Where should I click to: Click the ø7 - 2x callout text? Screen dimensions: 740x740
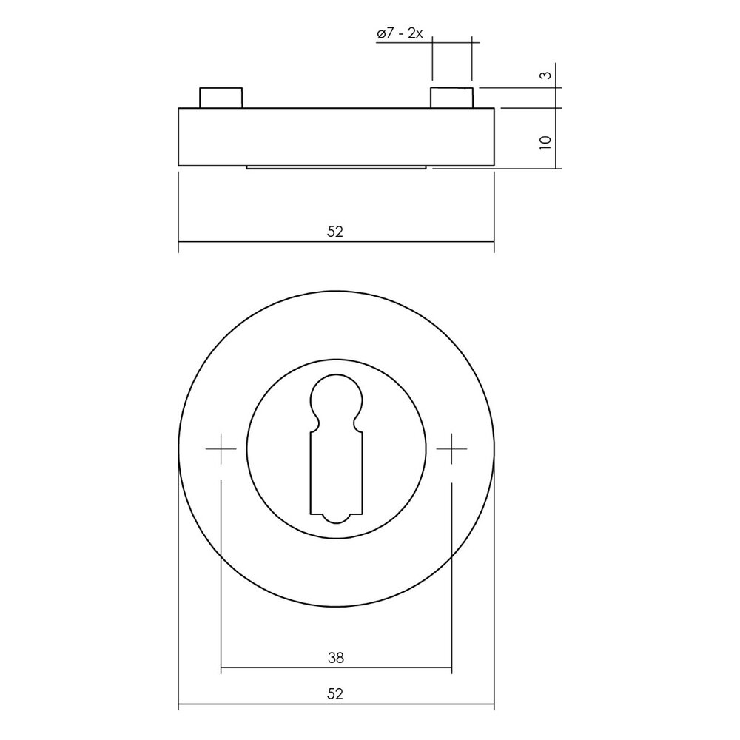click(399, 34)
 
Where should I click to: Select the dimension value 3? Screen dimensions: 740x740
click(545, 75)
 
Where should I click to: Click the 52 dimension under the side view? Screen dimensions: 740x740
click(335, 232)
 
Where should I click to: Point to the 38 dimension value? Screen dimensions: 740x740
click(335, 656)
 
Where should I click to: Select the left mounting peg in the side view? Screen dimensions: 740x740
click(221, 98)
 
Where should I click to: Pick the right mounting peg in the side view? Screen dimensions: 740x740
click(451, 98)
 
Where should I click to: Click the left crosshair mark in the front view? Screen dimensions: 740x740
click(221, 449)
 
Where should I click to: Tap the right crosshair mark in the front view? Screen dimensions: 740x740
click(451, 449)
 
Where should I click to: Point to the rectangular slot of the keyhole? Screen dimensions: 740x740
click(336, 474)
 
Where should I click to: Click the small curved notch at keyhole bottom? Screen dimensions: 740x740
click(336, 519)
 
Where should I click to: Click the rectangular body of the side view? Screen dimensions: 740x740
click(336, 137)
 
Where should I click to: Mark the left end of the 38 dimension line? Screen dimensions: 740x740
click(221, 670)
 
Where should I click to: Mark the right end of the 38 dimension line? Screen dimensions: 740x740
click(451, 670)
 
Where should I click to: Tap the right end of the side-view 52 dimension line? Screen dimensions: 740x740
click(494, 242)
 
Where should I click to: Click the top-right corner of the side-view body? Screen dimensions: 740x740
click(494, 108)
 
